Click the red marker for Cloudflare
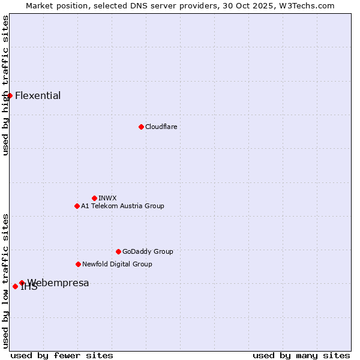[x=141, y=127]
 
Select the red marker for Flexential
[x=10, y=95]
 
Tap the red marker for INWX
[x=94, y=198]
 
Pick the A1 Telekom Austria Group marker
[x=77, y=206]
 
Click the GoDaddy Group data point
[x=118, y=251]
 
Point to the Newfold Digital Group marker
[x=78, y=264]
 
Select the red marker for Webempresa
[x=22, y=283]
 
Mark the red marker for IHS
[x=15, y=286]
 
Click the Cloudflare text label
[x=161, y=127]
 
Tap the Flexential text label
[x=38, y=95]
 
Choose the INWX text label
[x=107, y=198]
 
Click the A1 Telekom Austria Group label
[x=122, y=206]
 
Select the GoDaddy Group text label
[x=148, y=251]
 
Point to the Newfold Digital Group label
[x=117, y=264]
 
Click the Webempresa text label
[x=58, y=283]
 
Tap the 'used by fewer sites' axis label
[x=62, y=355]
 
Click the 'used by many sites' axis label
[x=301, y=355]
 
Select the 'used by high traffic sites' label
[x=5, y=85]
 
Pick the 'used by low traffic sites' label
[x=5, y=281]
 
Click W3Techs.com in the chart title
[x=304, y=5]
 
